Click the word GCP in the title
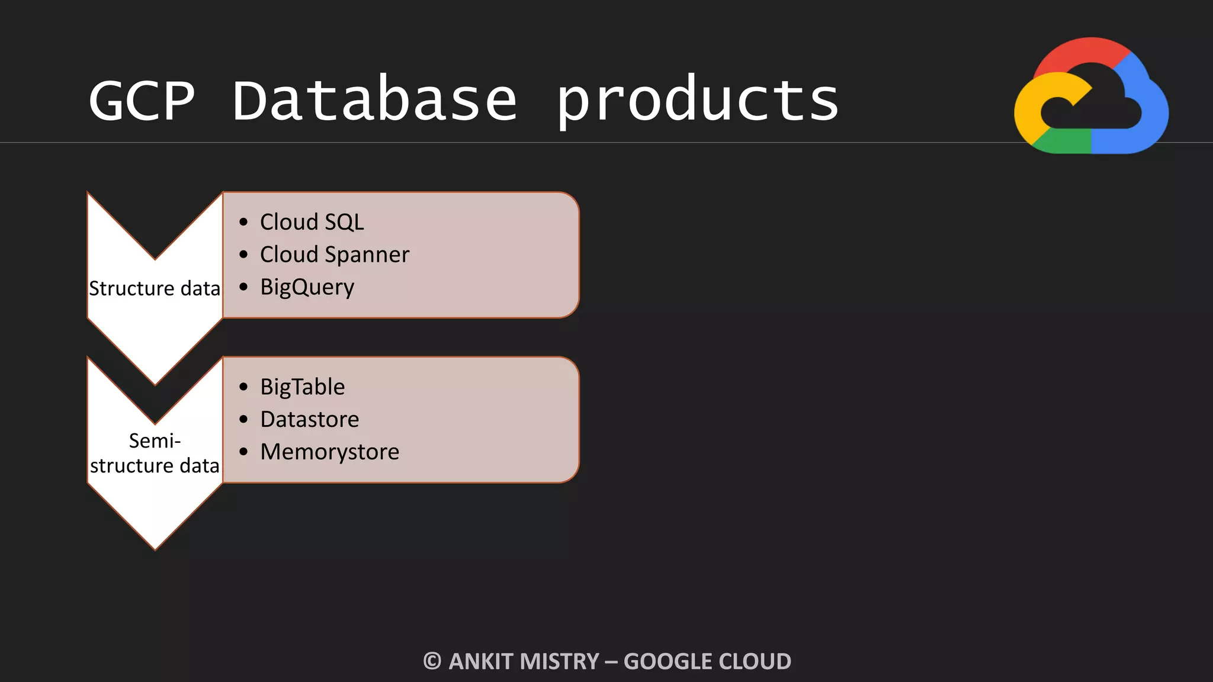pyautogui.click(x=142, y=101)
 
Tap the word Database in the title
pyautogui.click(x=374, y=101)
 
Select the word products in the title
pyautogui.click(x=697, y=101)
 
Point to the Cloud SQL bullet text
pyautogui.click(x=312, y=222)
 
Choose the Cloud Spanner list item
pyautogui.click(x=335, y=255)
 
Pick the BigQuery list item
pyautogui.click(x=307, y=287)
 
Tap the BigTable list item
pyautogui.click(x=302, y=387)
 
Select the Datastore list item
pyautogui.click(x=309, y=419)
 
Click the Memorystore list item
pyautogui.click(x=329, y=452)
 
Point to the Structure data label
pyautogui.click(x=155, y=288)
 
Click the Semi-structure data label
pyautogui.click(x=155, y=453)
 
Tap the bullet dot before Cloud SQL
pyautogui.click(x=243, y=222)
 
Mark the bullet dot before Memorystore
pyautogui.click(x=243, y=452)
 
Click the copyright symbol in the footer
pyautogui.click(x=432, y=661)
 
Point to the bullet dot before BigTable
pyautogui.click(x=243, y=387)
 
